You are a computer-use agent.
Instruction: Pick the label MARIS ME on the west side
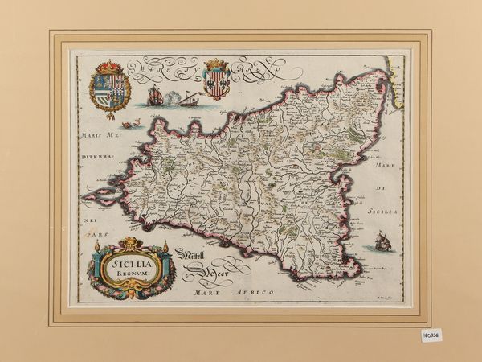tap(99, 134)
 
